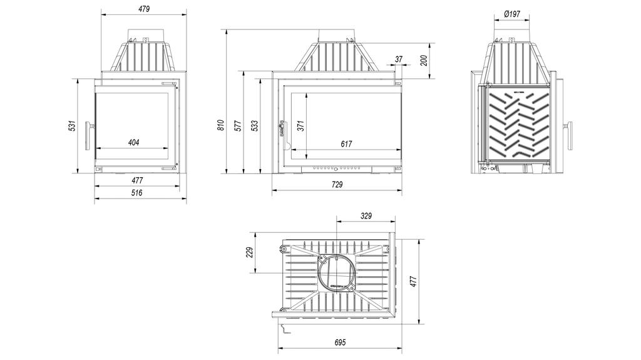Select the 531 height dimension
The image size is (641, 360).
point(72,126)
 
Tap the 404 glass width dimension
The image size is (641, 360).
point(133,143)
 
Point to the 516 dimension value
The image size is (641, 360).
point(137,193)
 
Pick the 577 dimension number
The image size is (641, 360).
point(238,125)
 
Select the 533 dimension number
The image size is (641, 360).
point(255,125)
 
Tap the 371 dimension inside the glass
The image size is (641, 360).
point(301,125)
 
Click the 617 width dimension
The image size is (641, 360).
point(346,144)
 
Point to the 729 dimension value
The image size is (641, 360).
point(337,184)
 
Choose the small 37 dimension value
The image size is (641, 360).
point(399,59)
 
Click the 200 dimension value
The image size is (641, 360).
point(424,61)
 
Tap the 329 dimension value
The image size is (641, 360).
point(366,216)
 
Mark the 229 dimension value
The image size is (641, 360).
point(249,252)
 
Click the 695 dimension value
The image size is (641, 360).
point(340,342)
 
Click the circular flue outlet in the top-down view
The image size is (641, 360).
point(337,272)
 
